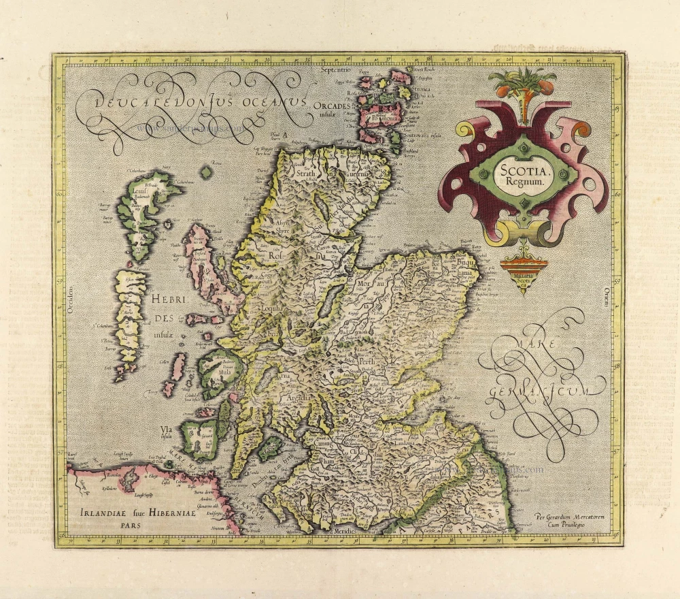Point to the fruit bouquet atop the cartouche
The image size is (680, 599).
tap(522, 85)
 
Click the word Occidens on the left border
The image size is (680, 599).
tap(70, 300)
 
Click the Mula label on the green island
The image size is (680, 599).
tap(223, 373)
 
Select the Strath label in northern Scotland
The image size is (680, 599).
tap(307, 173)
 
